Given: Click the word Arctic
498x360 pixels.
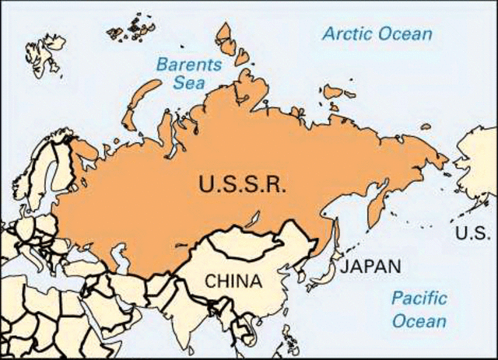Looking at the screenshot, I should tap(348, 34).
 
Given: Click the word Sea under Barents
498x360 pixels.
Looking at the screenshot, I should tap(188, 84).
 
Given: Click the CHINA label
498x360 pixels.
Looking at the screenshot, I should tap(233, 280).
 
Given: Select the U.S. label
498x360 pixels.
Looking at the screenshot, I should tap(472, 232).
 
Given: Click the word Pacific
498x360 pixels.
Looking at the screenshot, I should tap(419, 298).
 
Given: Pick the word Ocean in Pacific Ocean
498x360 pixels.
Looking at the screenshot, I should tap(419, 320).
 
